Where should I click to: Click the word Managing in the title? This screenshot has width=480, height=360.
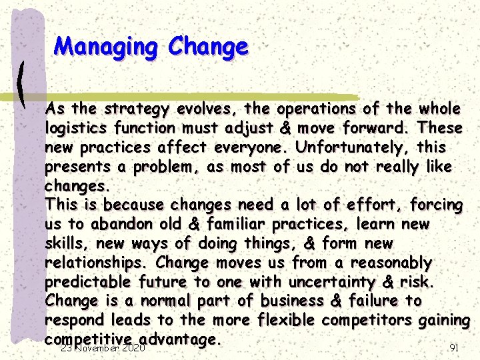coord(107,47)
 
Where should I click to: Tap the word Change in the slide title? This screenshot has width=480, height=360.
coord(208,47)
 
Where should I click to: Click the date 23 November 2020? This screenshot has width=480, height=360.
coord(103,348)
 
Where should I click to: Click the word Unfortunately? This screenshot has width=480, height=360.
coord(353,147)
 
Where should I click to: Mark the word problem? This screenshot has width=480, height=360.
coord(167,167)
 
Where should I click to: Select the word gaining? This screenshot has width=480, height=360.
coord(445,321)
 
